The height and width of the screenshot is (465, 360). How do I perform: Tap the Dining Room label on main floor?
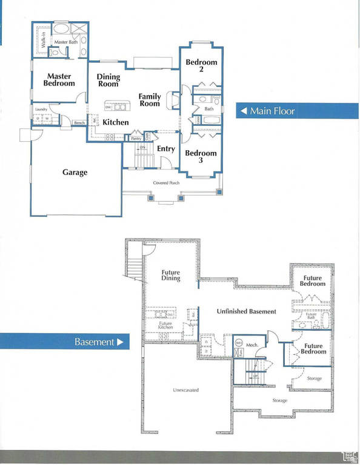(108, 81)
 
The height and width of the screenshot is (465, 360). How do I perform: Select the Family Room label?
(150, 100)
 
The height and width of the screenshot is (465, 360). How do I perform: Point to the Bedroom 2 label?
(201, 66)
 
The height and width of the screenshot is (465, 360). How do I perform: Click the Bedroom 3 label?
(201, 157)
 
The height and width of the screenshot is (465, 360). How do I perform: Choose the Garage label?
(75, 173)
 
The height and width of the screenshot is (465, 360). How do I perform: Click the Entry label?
(165, 149)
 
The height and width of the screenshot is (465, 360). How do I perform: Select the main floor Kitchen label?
(115, 122)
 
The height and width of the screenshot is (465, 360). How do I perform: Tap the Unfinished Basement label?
(246, 312)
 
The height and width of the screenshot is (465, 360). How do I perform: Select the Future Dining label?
(171, 276)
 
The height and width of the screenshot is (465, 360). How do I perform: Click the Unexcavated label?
(185, 390)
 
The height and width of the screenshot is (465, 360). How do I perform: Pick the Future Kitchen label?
(166, 326)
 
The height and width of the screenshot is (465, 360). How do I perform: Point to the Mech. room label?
(252, 345)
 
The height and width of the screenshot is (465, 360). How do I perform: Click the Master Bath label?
(66, 42)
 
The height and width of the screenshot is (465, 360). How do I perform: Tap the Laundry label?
(41, 109)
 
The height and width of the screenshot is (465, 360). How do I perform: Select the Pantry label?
(136, 139)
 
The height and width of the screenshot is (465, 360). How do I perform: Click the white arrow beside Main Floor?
(243, 111)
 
